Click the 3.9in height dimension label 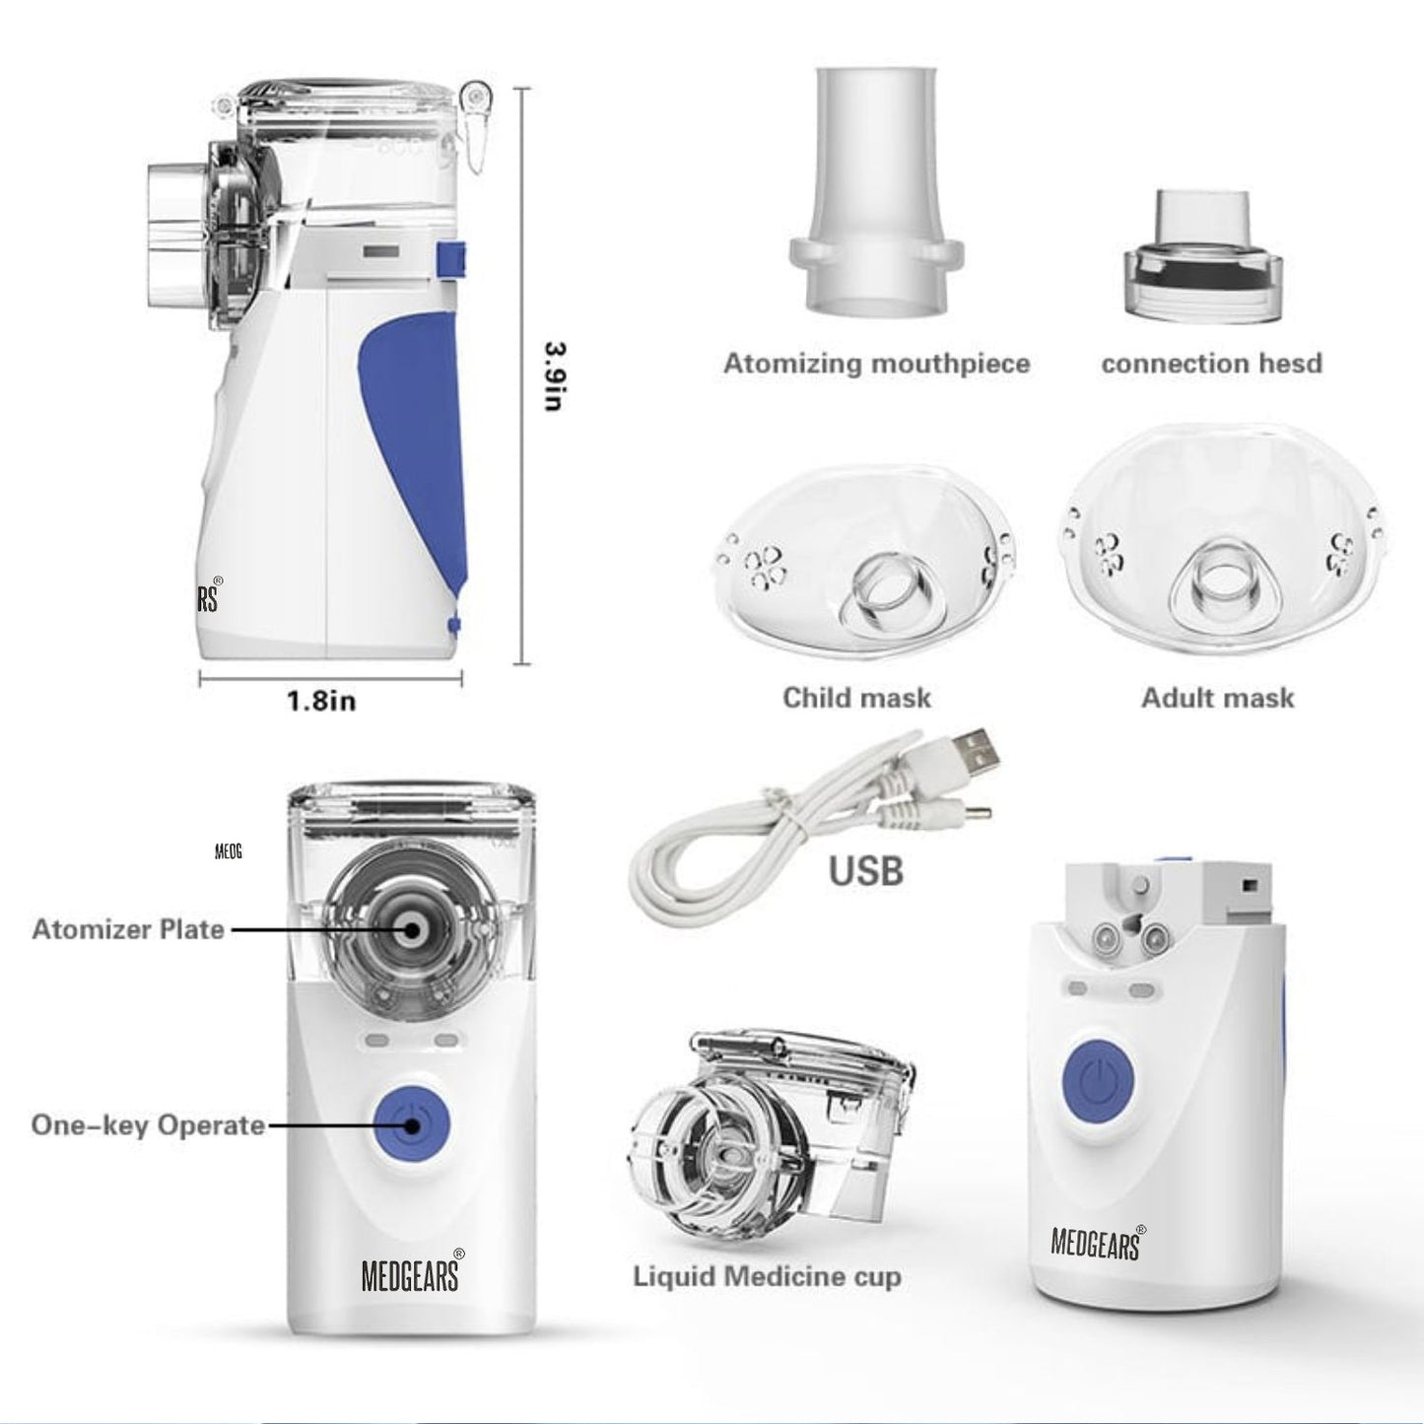click(x=554, y=375)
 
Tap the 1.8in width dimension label click(x=321, y=702)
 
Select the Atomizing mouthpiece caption click(x=876, y=364)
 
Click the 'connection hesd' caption click(x=1211, y=364)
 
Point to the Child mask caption click(x=856, y=698)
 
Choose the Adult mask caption click(x=1217, y=698)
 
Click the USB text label click(x=865, y=870)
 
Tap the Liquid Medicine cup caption click(x=767, y=1277)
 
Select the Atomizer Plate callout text click(x=128, y=929)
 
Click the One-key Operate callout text click(x=148, y=1125)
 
